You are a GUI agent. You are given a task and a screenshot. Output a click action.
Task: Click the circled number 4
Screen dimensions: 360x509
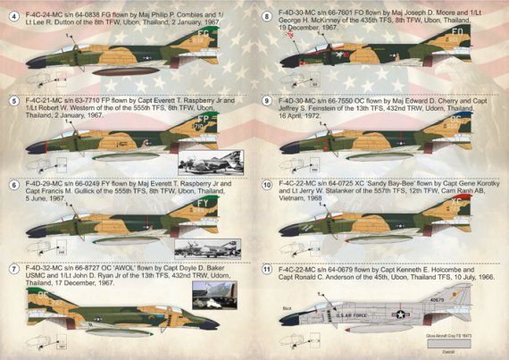[11, 16]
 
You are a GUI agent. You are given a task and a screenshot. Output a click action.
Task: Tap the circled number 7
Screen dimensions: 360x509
[11, 267]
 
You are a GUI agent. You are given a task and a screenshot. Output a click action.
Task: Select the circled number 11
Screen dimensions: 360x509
[266, 267]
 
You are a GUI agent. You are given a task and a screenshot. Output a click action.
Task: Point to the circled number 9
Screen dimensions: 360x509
[266, 101]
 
